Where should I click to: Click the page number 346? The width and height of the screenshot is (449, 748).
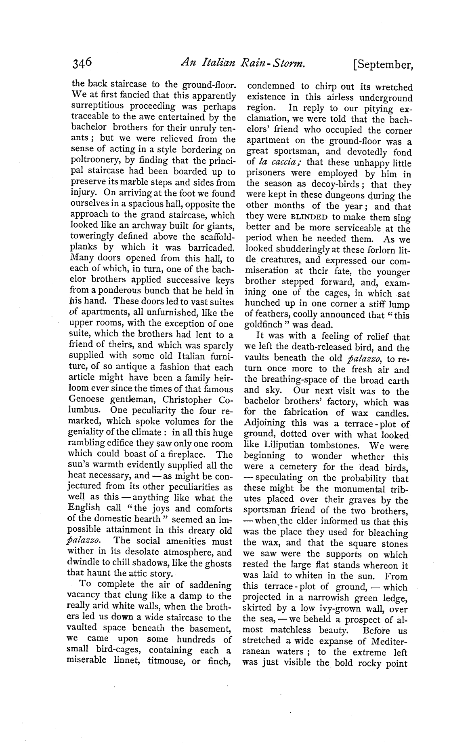click(82, 63)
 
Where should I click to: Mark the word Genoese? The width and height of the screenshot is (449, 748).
click(88, 400)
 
